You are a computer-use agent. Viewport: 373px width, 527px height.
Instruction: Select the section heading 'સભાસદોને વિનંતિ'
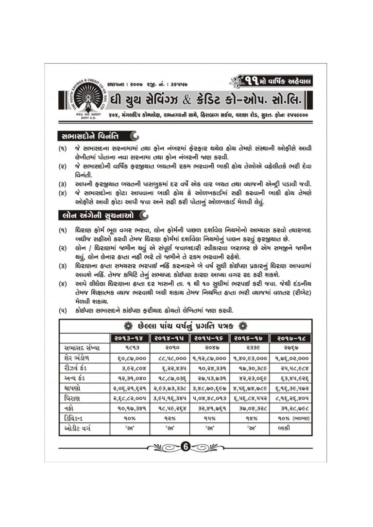(x=88, y=135)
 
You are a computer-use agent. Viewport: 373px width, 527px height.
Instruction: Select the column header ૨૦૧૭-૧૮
(x=292, y=337)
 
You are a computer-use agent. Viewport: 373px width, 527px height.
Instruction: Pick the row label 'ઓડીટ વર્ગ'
(x=79, y=429)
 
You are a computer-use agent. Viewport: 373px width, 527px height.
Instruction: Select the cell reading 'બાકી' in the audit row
(x=291, y=429)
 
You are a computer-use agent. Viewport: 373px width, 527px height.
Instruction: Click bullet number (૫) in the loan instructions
(x=63, y=310)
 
